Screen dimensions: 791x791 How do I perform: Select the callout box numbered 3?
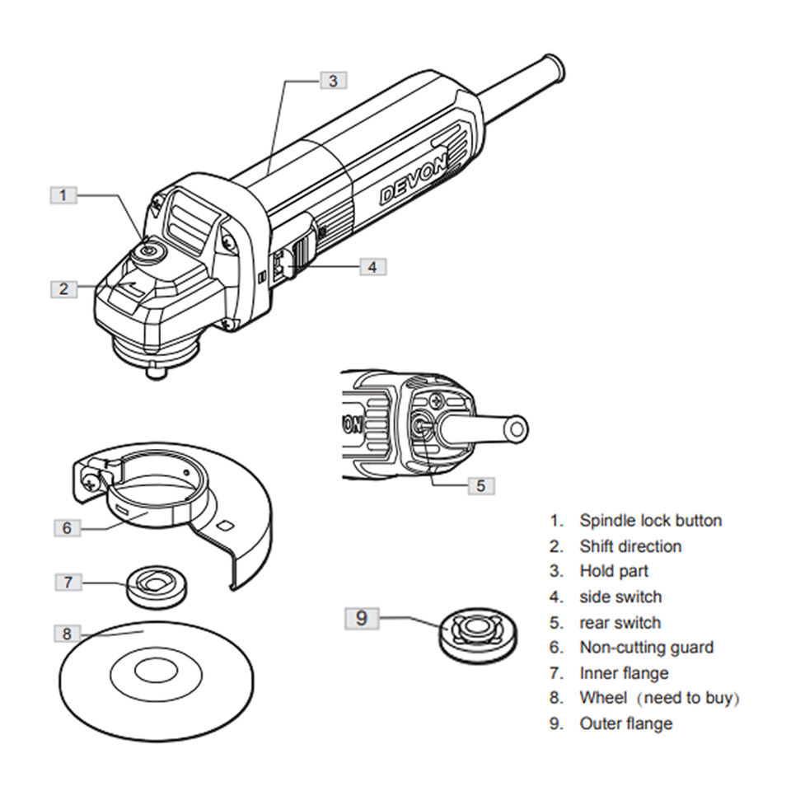tap(333, 80)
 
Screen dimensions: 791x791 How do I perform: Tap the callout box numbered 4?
tap(372, 266)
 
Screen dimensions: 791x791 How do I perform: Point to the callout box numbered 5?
tap(481, 485)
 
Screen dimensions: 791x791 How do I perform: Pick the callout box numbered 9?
tap(362, 617)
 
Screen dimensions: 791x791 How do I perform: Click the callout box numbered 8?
tap(68, 634)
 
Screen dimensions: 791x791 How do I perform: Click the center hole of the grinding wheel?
tap(157, 672)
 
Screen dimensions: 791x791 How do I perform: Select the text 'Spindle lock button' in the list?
tap(650, 521)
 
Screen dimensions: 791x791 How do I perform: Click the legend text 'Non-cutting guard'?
tap(646, 648)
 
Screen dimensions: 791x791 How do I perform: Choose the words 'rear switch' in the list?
tap(620, 622)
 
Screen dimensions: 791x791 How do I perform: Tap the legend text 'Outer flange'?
tap(625, 723)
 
